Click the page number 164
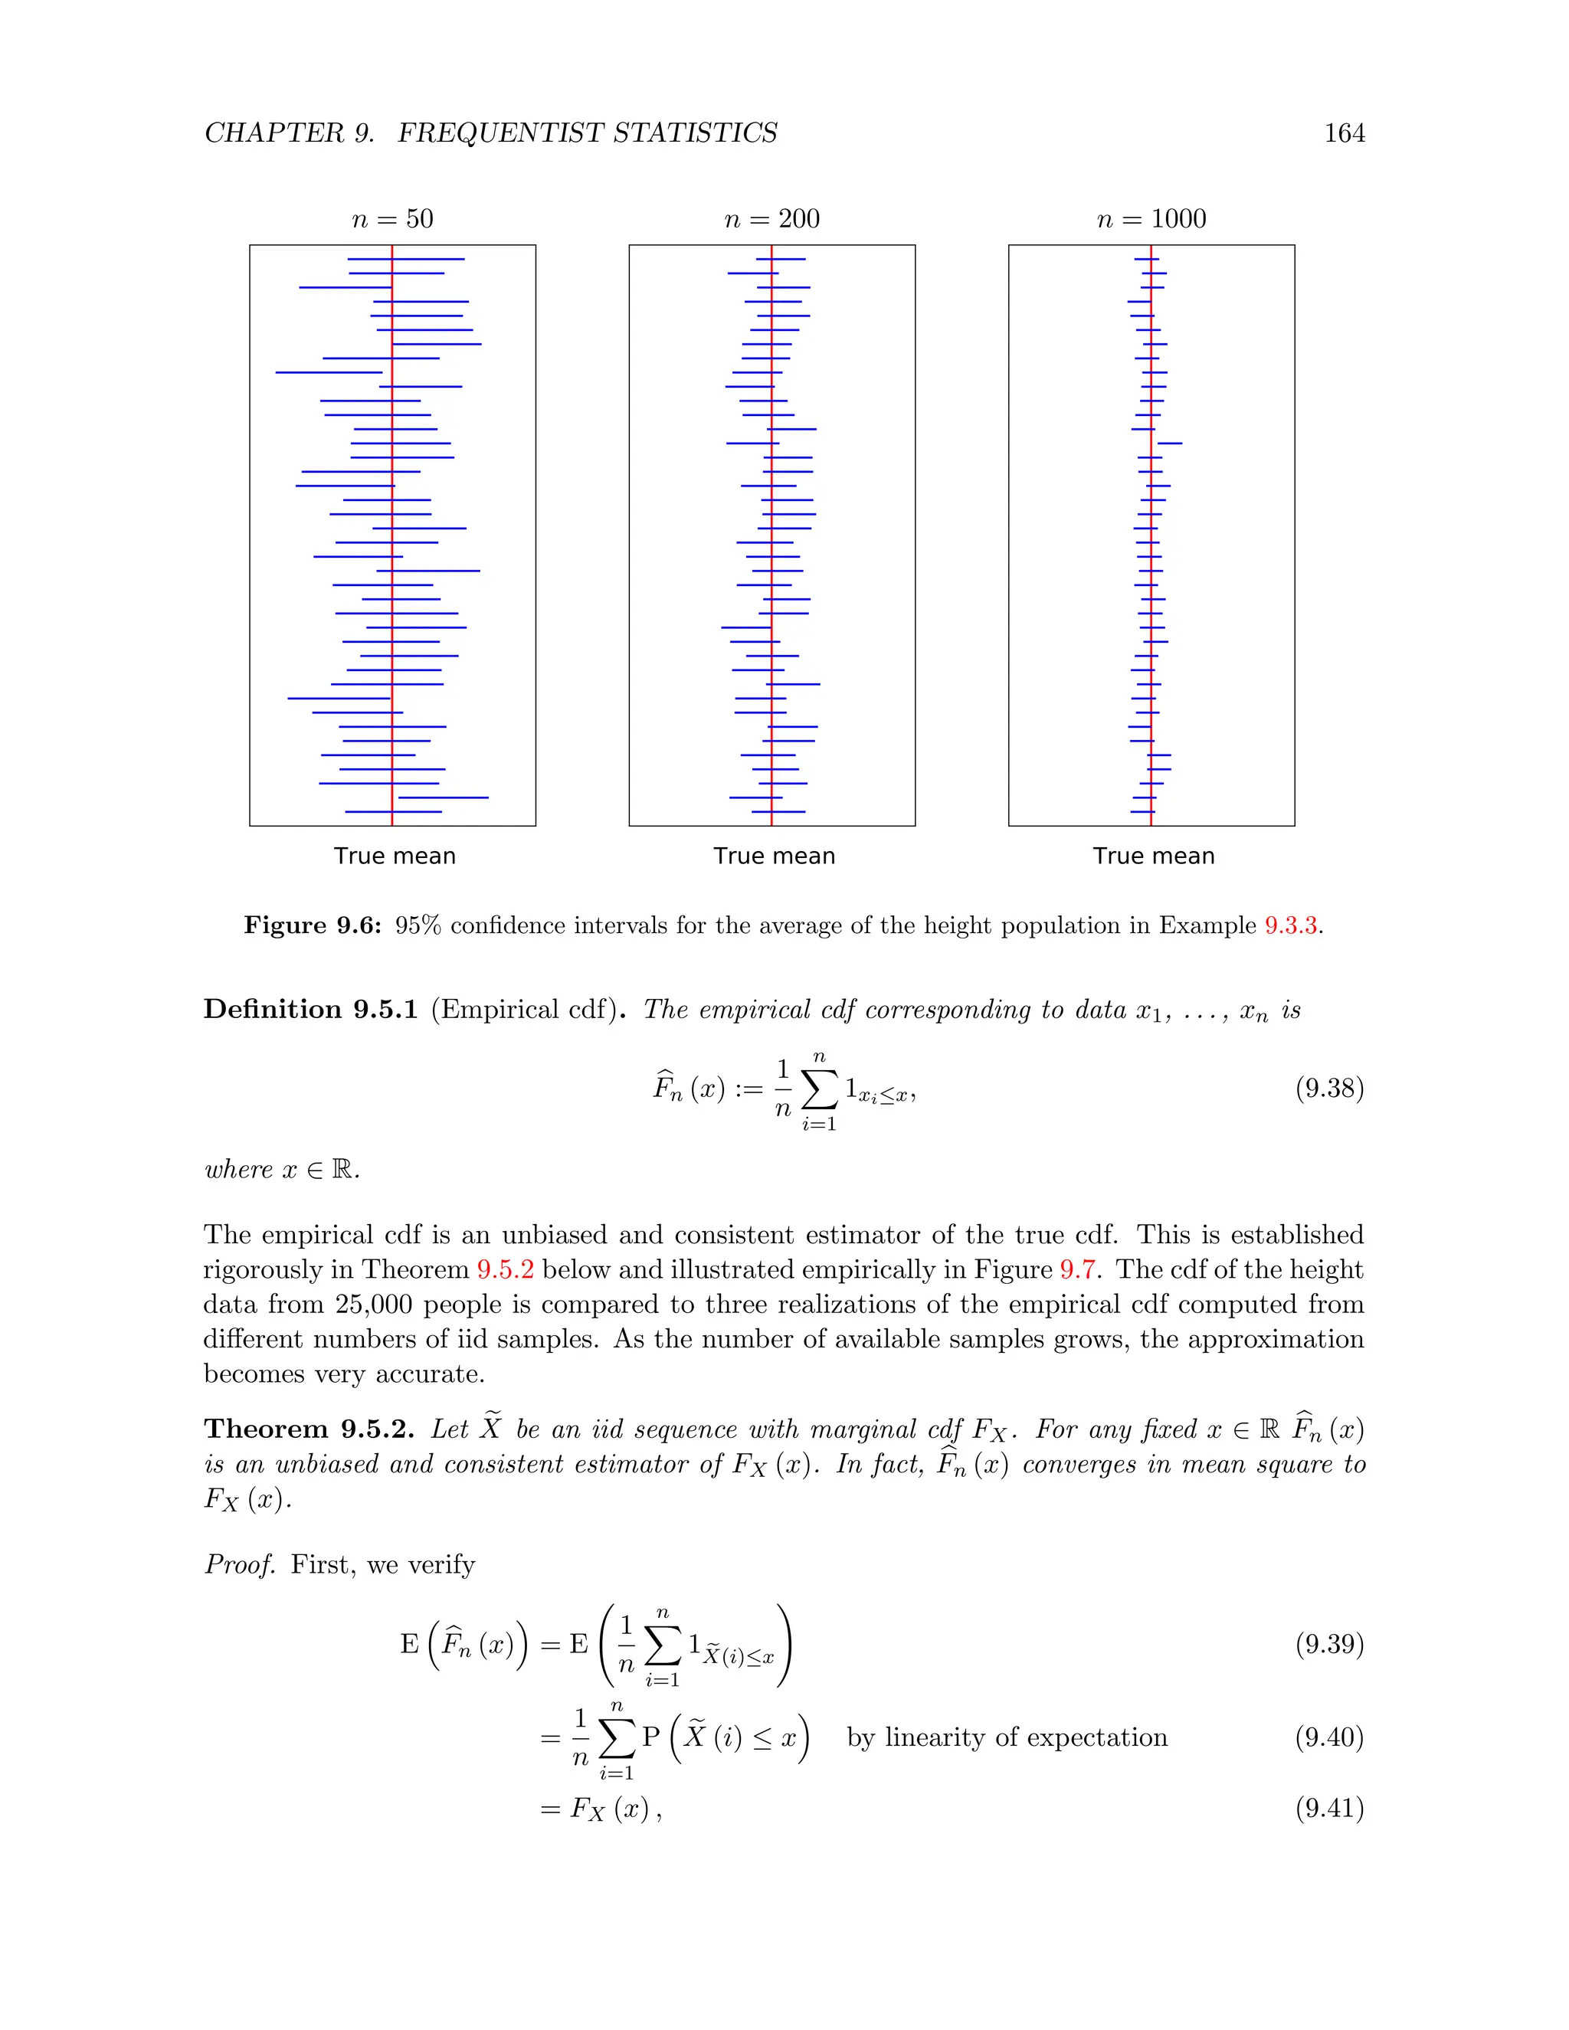pos(1344,134)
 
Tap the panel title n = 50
pos(392,219)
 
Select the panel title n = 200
pos(771,219)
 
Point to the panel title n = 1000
pos(1151,219)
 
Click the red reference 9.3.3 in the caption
pos(1290,926)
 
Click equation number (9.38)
pos(1329,1089)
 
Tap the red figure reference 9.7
pos(1077,1269)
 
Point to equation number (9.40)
pos(1329,1737)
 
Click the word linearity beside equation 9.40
pos(936,1737)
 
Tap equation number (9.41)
pos(1329,1808)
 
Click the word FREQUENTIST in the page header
pos(501,134)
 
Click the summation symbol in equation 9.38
pos(819,1090)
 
